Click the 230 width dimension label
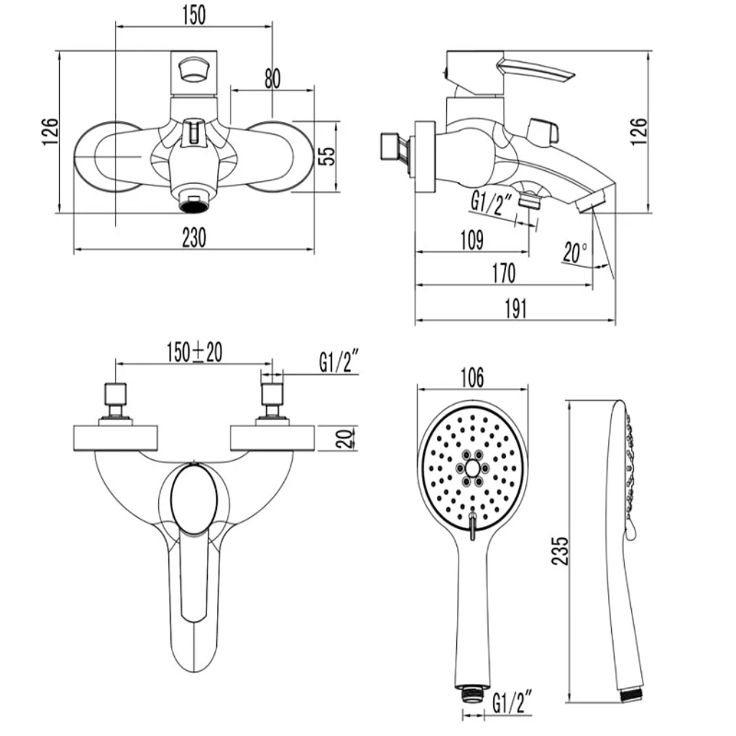pos(194,237)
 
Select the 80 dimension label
pos(272,78)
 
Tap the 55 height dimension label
pos(327,156)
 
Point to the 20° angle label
pos(575,252)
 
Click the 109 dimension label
pos(471,240)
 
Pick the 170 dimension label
pos(504,273)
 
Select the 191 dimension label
pos(515,308)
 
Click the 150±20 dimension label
pos(194,352)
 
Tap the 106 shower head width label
pos(471,377)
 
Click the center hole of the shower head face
pos(472,467)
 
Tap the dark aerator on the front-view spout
pos(192,205)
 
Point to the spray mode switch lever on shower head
pos(473,526)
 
